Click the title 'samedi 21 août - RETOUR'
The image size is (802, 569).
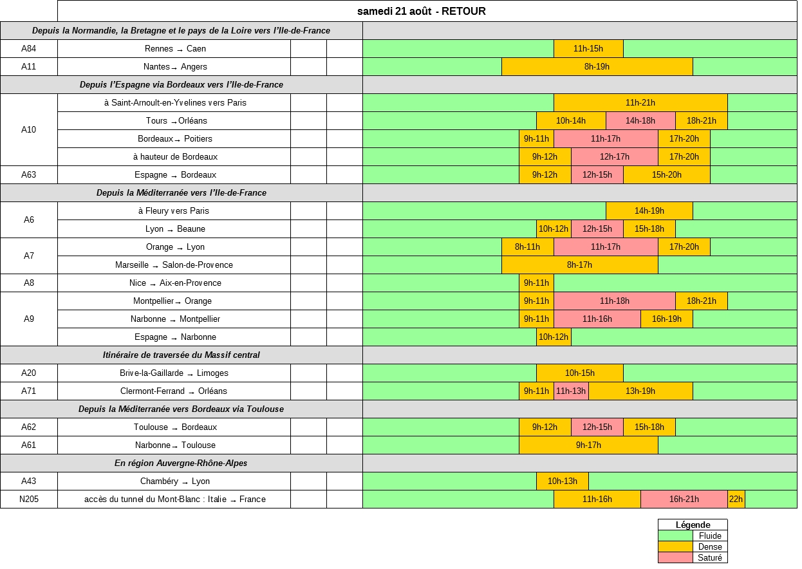[422, 11]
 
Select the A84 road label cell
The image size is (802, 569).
[29, 49]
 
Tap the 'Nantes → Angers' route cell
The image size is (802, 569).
[174, 67]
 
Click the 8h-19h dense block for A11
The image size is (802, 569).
[597, 67]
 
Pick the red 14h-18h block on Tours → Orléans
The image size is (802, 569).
[640, 121]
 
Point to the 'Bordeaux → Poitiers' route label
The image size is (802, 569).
[174, 139]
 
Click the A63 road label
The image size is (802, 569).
[29, 175]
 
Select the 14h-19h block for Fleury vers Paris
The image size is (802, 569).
[649, 211]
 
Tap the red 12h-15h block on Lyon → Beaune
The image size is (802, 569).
[597, 229]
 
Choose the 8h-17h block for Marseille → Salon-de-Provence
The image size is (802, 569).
[579, 265]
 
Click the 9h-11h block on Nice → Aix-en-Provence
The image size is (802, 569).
[536, 283]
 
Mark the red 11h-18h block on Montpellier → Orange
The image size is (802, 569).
[614, 301]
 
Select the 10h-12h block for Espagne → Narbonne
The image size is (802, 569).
[554, 337]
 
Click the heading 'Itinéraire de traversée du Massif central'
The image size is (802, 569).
[182, 355]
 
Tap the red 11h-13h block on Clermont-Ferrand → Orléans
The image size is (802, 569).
[571, 391]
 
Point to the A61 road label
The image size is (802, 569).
[29, 445]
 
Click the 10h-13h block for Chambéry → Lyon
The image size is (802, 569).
[562, 481]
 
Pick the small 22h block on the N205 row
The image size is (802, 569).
[736, 499]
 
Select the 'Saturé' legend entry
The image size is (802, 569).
[710, 558]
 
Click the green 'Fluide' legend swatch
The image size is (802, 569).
[675, 536]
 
